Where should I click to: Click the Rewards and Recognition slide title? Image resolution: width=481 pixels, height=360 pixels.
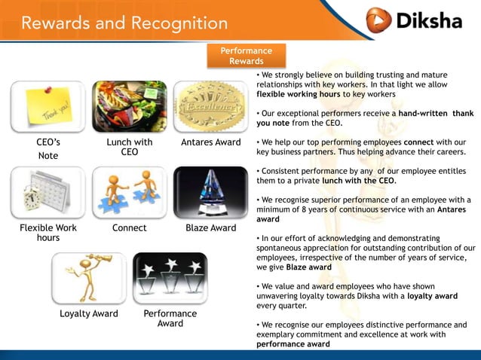[124, 23]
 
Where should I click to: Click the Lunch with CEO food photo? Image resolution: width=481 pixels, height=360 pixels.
[130, 107]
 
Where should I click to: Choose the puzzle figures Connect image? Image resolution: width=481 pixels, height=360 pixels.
[130, 192]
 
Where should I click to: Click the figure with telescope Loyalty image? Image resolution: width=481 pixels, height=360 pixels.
[89, 278]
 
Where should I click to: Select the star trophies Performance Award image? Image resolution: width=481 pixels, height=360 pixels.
[170, 278]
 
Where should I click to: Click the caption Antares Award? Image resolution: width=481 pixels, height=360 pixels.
[211, 142]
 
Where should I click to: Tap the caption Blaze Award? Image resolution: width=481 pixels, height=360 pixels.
[211, 227]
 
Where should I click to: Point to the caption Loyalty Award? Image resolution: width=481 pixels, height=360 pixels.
[89, 313]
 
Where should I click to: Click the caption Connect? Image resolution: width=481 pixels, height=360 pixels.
[130, 227]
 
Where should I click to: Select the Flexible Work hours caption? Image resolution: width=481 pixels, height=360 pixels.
[48, 232]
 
